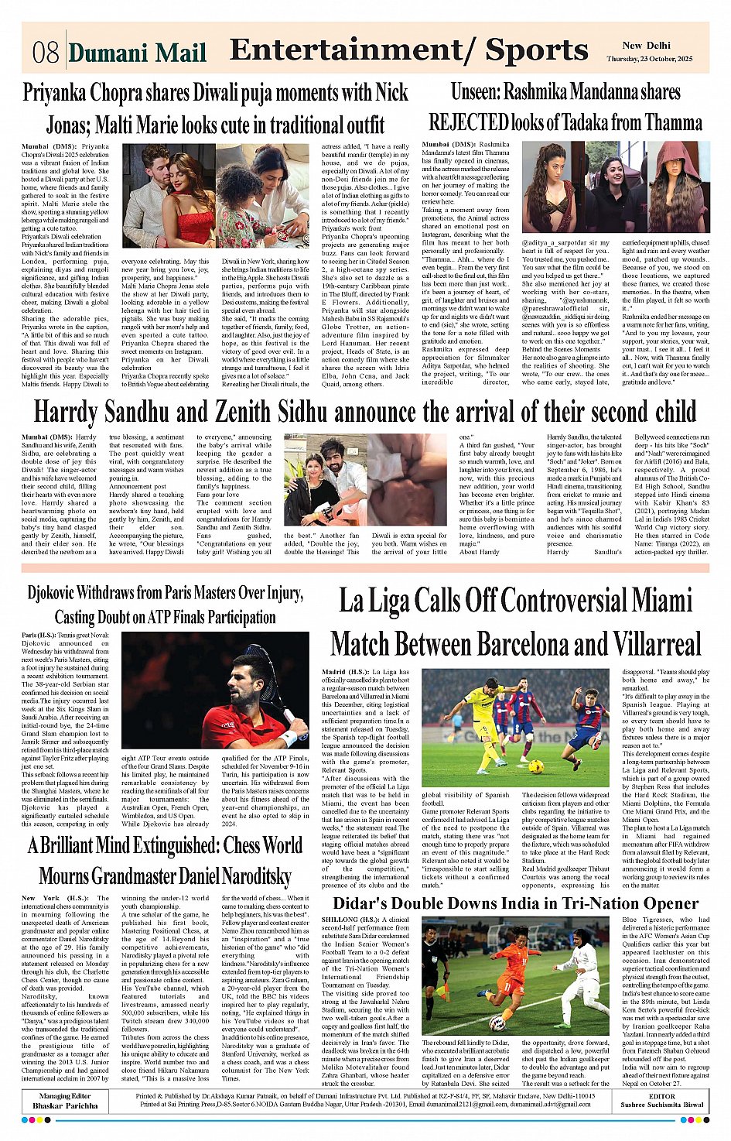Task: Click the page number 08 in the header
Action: [45, 52]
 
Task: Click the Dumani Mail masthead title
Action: [138, 53]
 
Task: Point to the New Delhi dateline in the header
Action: [646, 46]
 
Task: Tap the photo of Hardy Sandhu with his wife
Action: [326, 479]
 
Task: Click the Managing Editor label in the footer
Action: [65, 1096]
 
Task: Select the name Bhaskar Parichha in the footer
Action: [65, 1105]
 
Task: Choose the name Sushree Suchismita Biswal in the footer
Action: [661, 1105]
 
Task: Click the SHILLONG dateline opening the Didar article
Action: [340, 920]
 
